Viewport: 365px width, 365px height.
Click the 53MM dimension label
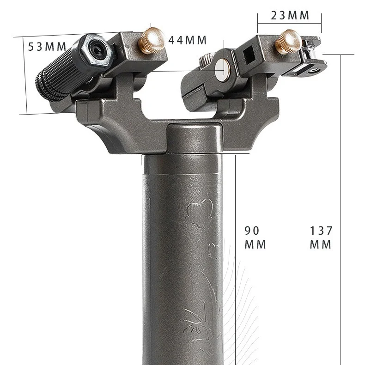click(x=47, y=47)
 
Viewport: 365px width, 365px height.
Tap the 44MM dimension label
click(x=188, y=40)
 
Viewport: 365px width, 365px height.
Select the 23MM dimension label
click(x=290, y=16)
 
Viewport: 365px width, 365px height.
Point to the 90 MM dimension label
click(x=255, y=237)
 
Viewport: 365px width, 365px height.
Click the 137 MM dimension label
click(x=321, y=237)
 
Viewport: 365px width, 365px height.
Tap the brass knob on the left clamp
click(x=151, y=41)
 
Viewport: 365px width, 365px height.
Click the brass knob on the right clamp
click(x=289, y=42)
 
